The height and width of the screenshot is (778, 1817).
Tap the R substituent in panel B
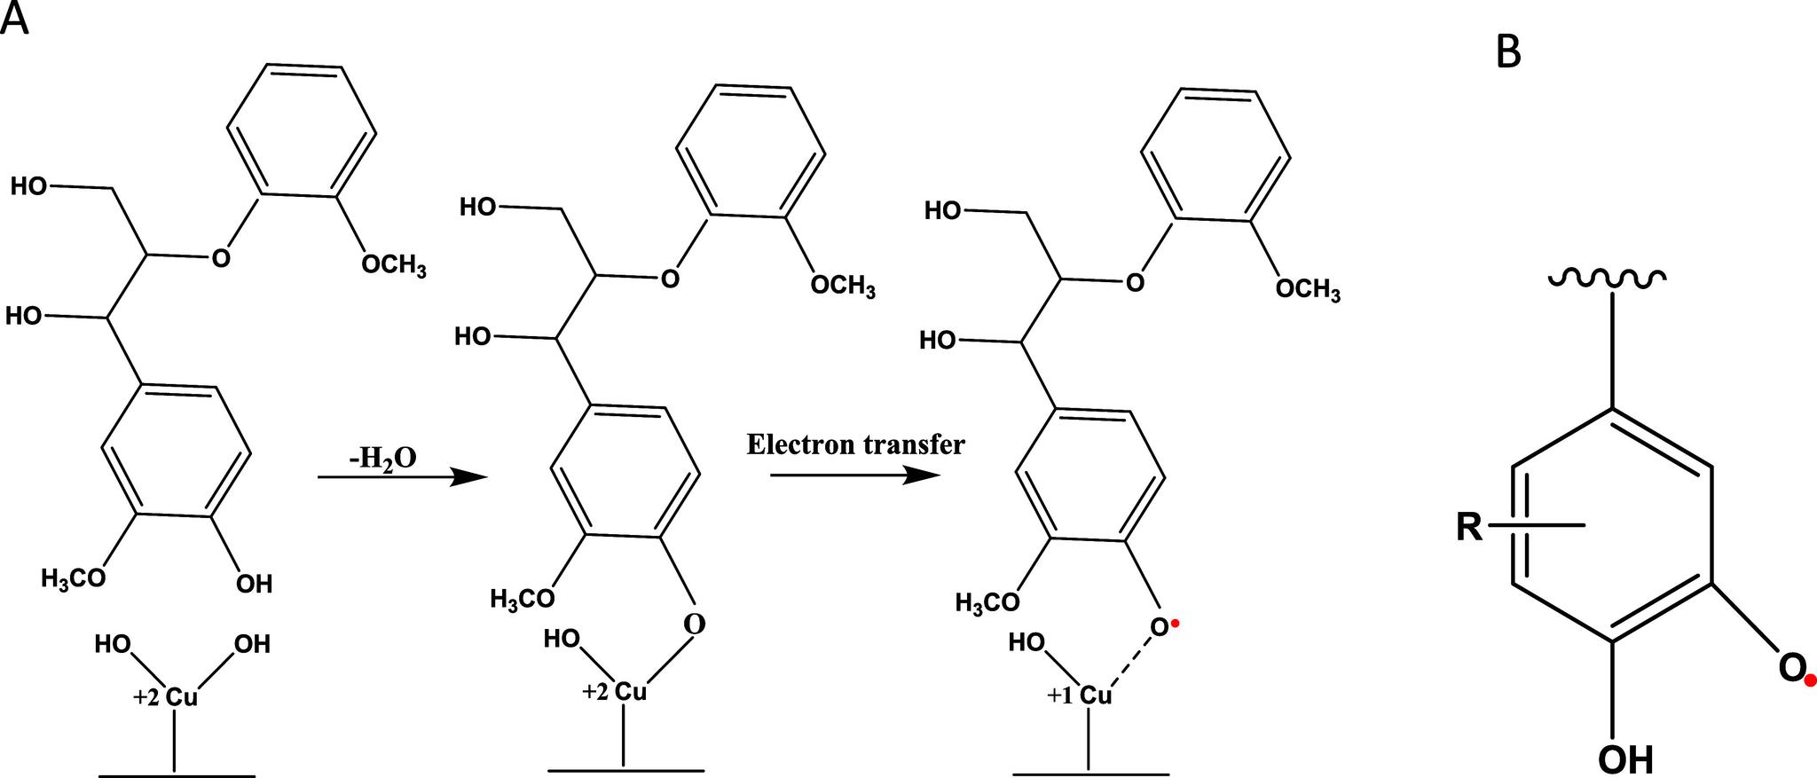point(1470,528)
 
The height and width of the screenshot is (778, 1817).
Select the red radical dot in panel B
point(1810,680)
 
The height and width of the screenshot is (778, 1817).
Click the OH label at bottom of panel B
point(1625,758)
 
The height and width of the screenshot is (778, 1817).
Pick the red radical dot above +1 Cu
point(1176,626)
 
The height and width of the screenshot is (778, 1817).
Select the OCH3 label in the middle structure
point(843,286)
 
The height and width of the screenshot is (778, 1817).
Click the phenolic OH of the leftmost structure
point(254,584)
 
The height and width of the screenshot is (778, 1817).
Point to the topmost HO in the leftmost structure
point(29,186)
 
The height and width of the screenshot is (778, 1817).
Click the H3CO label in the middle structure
point(523,599)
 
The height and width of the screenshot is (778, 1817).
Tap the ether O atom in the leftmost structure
point(220,258)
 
